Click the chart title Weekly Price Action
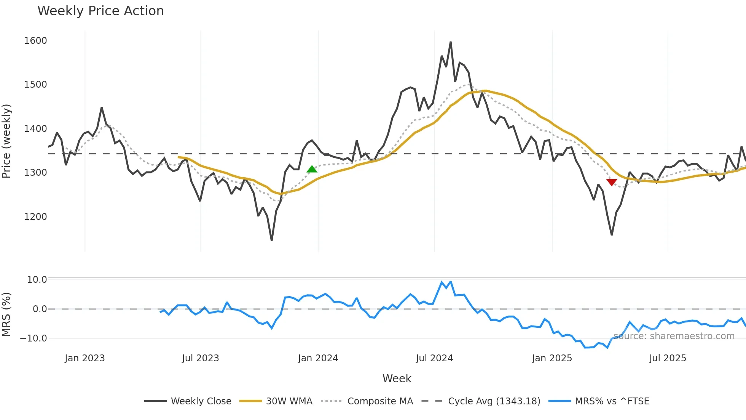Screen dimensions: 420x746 coord(100,11)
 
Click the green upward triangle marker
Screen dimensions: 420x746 coord(312,169)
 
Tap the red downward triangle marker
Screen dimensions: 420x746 coord(612,183)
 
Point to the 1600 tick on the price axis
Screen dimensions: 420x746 coord(35,41)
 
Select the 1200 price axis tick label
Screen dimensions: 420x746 coord(35,217)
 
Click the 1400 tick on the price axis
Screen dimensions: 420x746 coord(35,129)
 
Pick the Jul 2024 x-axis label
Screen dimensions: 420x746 coord(434,358)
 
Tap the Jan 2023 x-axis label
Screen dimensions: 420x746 coord(84,358)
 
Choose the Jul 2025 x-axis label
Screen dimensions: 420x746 coord(668,358)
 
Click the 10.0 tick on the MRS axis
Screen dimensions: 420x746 coord(37,280)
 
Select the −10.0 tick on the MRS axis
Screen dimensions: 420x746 coord(33,338)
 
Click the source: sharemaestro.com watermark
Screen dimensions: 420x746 coord(674,336)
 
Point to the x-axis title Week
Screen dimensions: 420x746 coord(397,378)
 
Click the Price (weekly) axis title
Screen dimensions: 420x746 coord(6,141)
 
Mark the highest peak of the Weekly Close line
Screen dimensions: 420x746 coord(451,42)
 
